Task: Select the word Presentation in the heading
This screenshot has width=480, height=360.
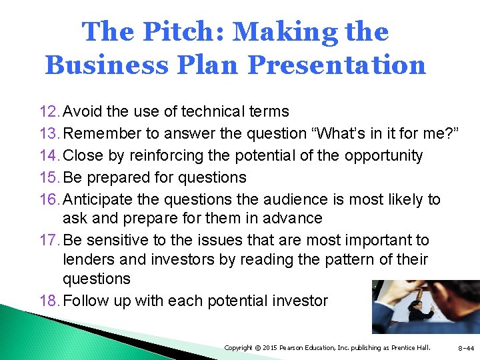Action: point(337,65)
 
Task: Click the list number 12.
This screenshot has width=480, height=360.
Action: point(49,111)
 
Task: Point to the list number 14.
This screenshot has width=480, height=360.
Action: point(49,155)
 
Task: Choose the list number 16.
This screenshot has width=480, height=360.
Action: point(49,199)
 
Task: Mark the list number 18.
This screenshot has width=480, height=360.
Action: point(49,301)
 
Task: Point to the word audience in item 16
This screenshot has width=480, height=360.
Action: point(280,199)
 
